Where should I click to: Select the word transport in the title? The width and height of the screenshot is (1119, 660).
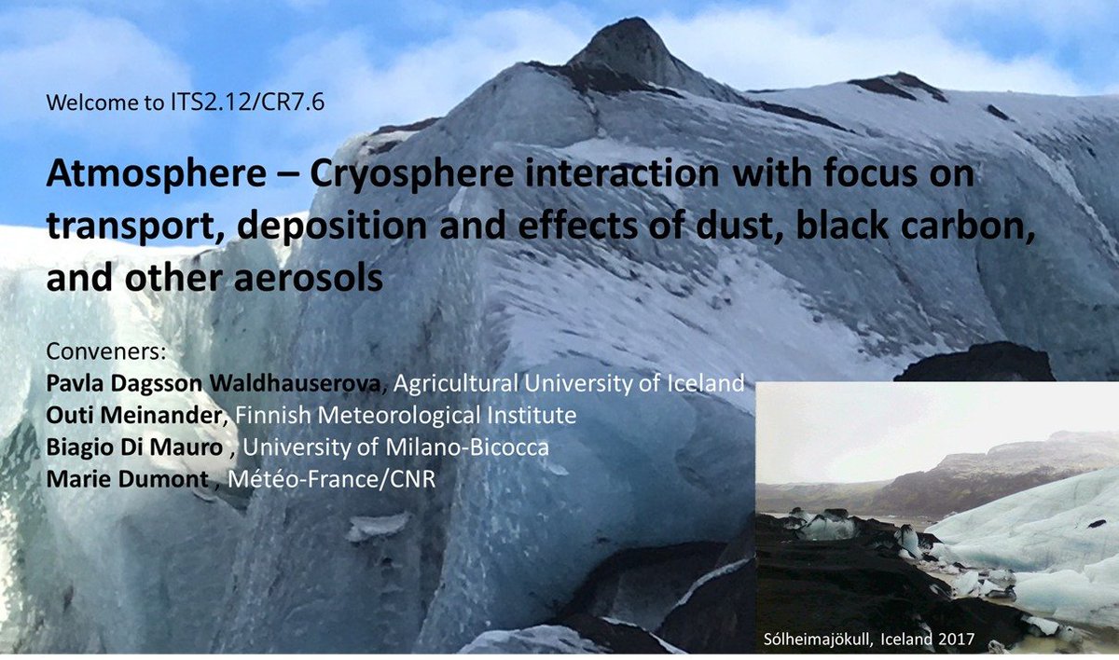(x=129, y=228)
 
